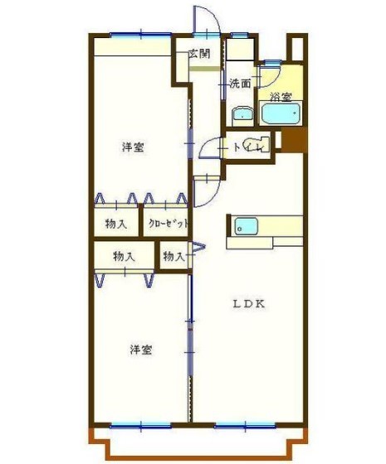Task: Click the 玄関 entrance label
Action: click(198, 54)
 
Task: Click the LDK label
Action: click(247, 304)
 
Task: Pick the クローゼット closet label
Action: click(169, 224)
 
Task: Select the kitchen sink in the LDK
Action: click(246, 225)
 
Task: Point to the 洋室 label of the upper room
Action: click(133, 147)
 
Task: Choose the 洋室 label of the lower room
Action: click(139, 350)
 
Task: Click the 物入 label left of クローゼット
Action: click(116, 224)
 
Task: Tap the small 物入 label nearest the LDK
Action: click(173, 257)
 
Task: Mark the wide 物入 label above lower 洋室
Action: click(124, 257)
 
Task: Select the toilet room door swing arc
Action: click(208, 148)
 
